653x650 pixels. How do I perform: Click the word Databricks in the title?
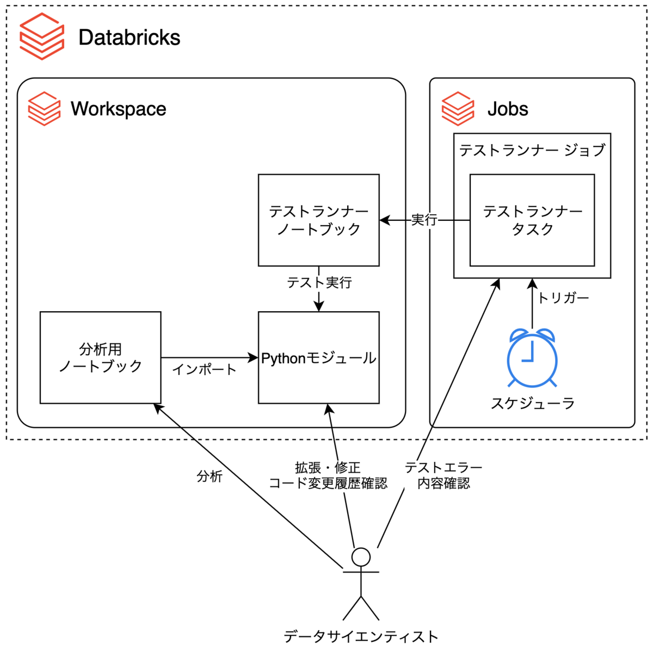click(x=129, y=38)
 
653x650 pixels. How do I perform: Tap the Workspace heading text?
click(x=118, y=109)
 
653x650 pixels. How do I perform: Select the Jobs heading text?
click(x=507, y=109)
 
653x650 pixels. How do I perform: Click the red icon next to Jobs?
click(x=458, y=109)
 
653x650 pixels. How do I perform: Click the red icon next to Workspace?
click(x=44, y=109)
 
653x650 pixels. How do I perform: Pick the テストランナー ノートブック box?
click(x=318, y=220)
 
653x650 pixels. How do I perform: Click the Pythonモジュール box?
click(x=318, y=358)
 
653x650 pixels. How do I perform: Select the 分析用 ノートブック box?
click(x=100, y=357)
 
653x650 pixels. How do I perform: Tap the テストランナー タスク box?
click(x=532, y=220)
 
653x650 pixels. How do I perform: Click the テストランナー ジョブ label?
click(x=532, y=150)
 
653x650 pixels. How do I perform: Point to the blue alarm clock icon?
click(x=532, y=357)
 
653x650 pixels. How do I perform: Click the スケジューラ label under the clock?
click(x=532, y=403)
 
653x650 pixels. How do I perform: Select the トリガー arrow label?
click(x=563, y=298)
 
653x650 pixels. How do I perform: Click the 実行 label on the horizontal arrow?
click(x=424, y=220)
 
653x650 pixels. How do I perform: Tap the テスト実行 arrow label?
click(x=319, y=282)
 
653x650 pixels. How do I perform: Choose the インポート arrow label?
click(x=204, y=370)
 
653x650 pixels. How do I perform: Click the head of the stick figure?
click(x=361, y=557)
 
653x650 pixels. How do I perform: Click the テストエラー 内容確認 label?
click(x=443, y=475)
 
